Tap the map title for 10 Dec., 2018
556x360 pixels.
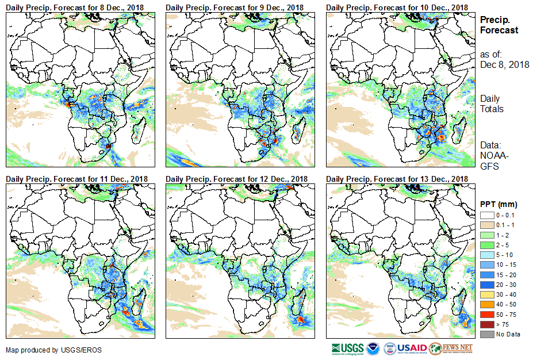click(397, 7)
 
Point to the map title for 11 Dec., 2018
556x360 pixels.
click(77, 179)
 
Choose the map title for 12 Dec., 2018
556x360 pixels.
click(236, 179)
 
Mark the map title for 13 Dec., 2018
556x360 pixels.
click(397, 179)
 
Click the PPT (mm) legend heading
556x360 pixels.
click(499, 204)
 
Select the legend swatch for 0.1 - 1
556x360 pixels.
click(486, 224)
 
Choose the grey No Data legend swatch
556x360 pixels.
click(486, 334)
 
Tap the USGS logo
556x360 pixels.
click(348, 348)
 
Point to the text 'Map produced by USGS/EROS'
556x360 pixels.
click(45, 350)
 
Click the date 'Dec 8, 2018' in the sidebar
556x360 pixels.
click(504, 64)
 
